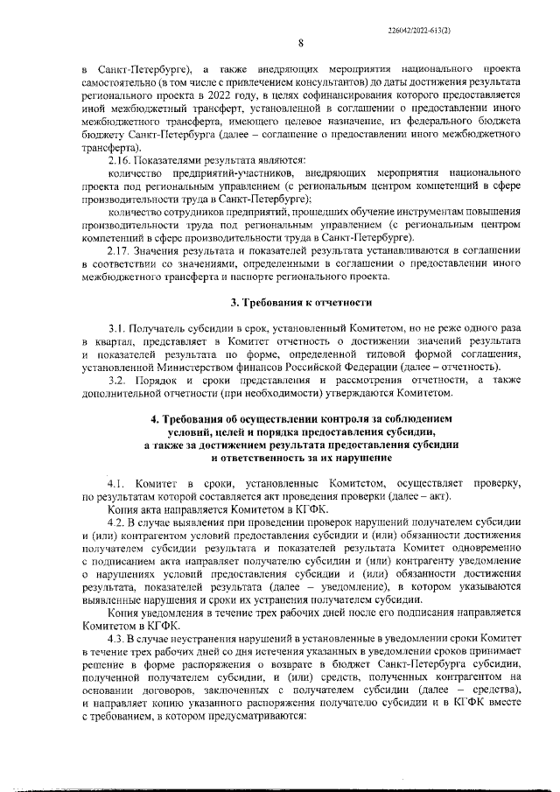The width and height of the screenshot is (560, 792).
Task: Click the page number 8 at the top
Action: [299, 44]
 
